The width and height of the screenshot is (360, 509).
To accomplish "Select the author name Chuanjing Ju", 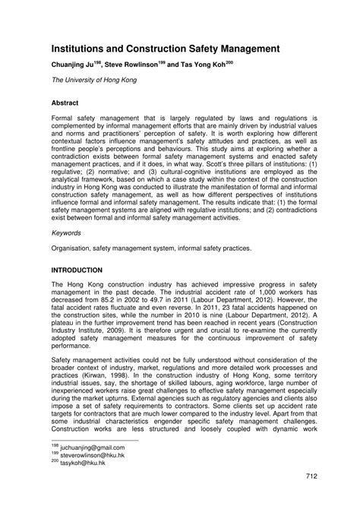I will [78, 66].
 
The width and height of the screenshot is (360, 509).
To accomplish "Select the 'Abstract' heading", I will [66, 101].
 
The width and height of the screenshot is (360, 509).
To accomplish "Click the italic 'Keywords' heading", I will [68, 236].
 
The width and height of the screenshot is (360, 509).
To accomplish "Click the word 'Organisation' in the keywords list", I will [74, 249].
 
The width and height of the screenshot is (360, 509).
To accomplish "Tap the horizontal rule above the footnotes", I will [94, 441].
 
